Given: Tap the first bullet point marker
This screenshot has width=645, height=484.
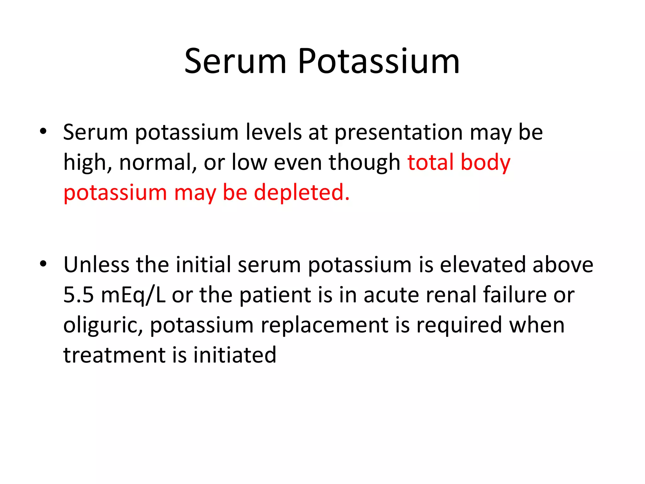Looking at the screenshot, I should [x=43, y=131].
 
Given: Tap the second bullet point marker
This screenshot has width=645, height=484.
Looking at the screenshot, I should [x=43, y=263].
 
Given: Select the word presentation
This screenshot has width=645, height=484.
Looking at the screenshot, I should [x=398, y=132].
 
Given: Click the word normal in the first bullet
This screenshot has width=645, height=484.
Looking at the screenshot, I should [x=158, y=163].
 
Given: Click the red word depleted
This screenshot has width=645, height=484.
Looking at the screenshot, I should [x=302, y=193].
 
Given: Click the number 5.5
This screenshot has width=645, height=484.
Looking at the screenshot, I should [x=78, y=295].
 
